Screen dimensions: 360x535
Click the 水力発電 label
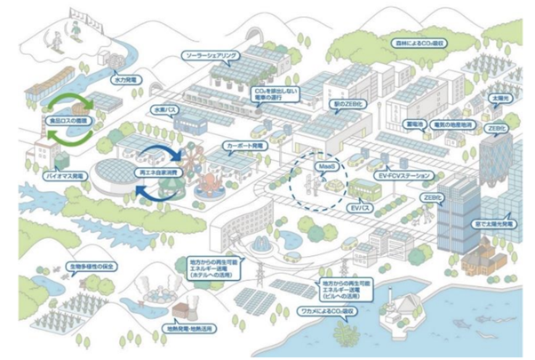tap(124, 79)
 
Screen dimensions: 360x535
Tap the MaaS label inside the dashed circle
tap(323, 166)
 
